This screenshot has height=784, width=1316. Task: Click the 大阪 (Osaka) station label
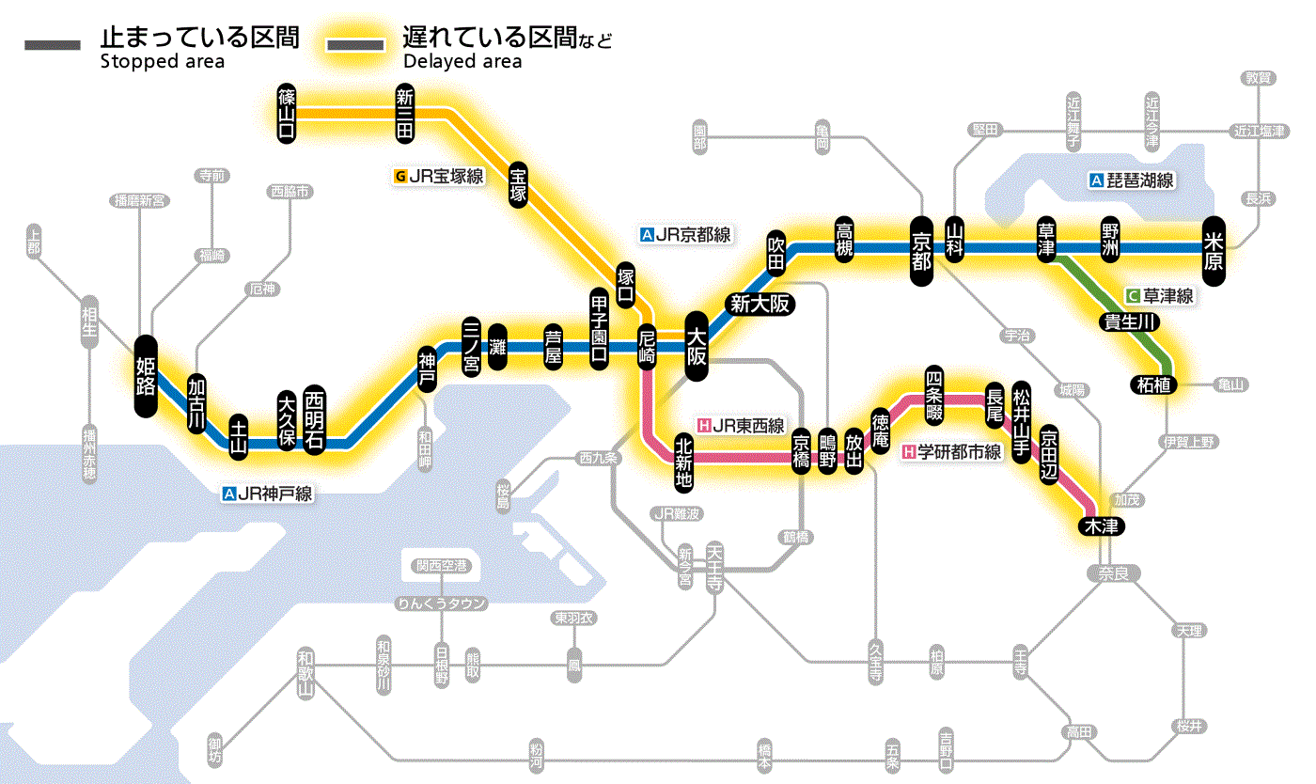(x=697, y=347)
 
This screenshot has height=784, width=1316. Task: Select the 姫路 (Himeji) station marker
(x=146, y=376)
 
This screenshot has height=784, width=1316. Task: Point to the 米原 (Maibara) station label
(x=1214, y=249)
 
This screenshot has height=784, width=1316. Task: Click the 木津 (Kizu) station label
(x=1101, y=526)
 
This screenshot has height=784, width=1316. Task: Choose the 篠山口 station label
(x=287, y=113)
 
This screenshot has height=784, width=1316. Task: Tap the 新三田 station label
(x=405, y=113)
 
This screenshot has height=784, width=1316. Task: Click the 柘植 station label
(x=1153, y=384)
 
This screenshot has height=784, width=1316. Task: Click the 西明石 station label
(x=314, y=420)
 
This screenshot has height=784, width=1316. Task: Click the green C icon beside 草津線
(x=1133, y=295)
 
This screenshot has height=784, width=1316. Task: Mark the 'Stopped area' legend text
(x=162, y=62)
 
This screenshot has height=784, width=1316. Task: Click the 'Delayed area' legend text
(x=462, y=62)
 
